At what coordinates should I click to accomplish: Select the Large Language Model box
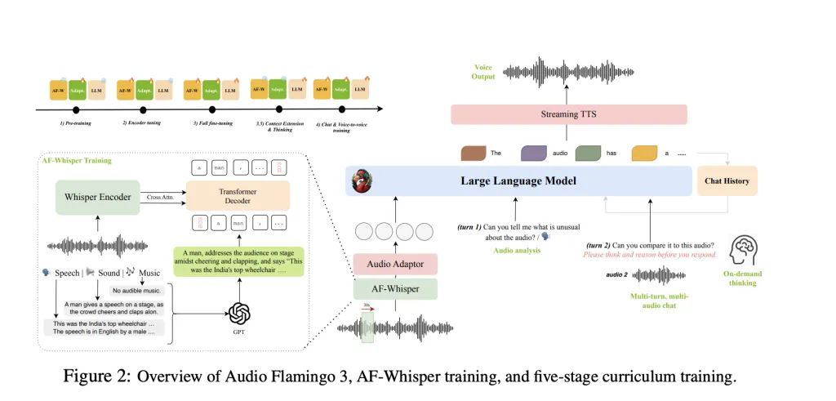518,180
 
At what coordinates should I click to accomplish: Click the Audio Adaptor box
395,263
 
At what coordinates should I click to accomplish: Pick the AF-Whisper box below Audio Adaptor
395,287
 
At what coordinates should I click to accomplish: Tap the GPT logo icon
239,314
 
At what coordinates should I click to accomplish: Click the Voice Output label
483,72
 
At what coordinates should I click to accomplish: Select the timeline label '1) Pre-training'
76,123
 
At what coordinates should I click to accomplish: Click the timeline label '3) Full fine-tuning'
211,123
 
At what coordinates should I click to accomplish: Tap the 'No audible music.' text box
136,290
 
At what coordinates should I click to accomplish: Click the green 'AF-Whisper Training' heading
77,161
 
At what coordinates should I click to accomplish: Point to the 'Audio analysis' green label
518,251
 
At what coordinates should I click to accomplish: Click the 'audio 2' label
616,275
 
